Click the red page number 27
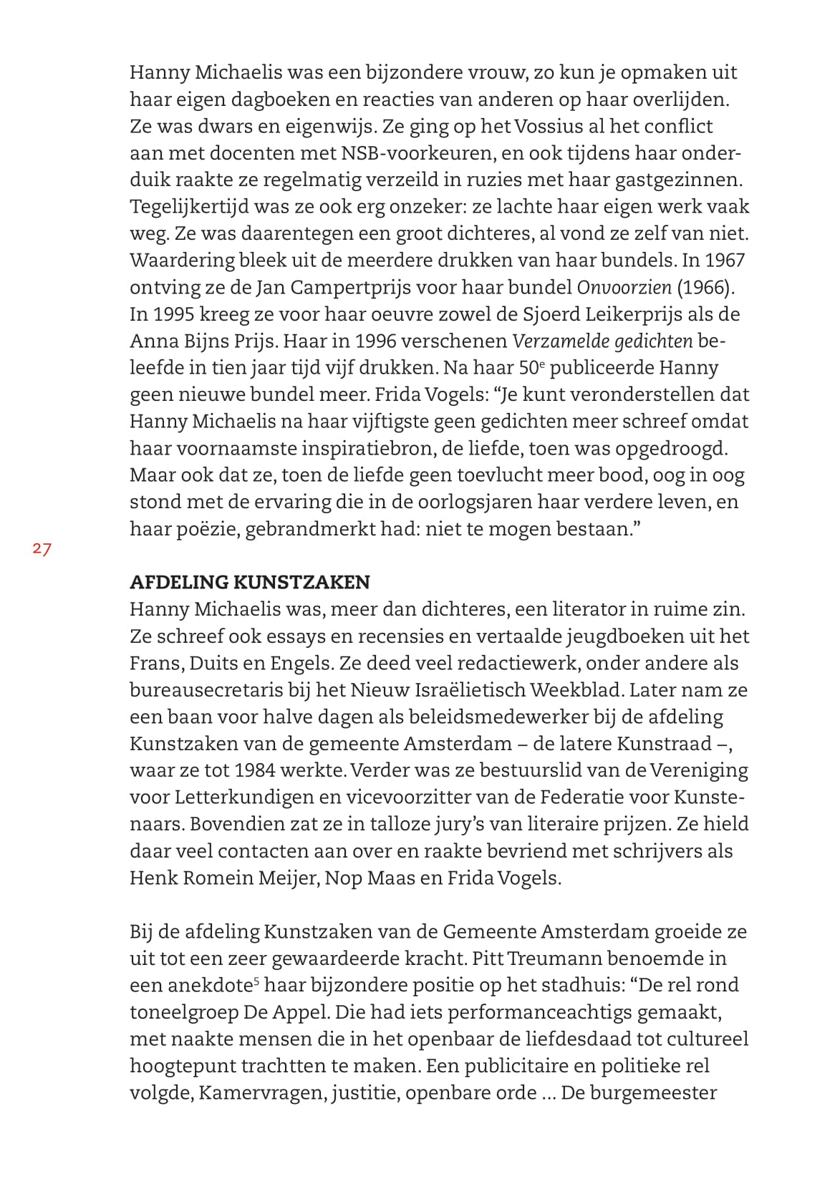coord(42,550)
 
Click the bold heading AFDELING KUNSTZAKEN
coord(250,582)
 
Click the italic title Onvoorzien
coord(624,288)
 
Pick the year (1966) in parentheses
coord(706,288)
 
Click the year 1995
coord(175,314)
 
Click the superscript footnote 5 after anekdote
coord(256,981)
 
